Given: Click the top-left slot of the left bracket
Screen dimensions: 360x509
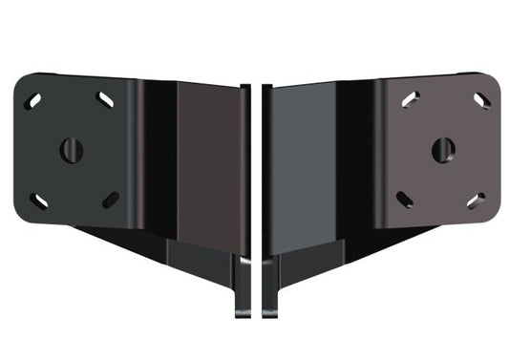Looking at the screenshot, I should coord(33,100).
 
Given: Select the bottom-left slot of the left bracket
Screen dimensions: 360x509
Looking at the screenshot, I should coord(38,201).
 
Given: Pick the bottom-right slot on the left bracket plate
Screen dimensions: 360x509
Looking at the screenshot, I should coord(110,200).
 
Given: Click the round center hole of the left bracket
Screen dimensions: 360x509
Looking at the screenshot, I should coord(72,150).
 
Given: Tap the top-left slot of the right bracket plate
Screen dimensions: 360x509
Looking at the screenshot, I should coord(411,99).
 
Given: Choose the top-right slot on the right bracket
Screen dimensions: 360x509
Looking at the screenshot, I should coord(480,100).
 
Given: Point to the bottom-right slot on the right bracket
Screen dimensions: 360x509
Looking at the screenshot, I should coord(476,201).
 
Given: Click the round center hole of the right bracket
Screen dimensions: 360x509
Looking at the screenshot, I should coord(442,149).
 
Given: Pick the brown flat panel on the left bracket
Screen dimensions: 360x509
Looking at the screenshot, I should coord(207,162).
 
